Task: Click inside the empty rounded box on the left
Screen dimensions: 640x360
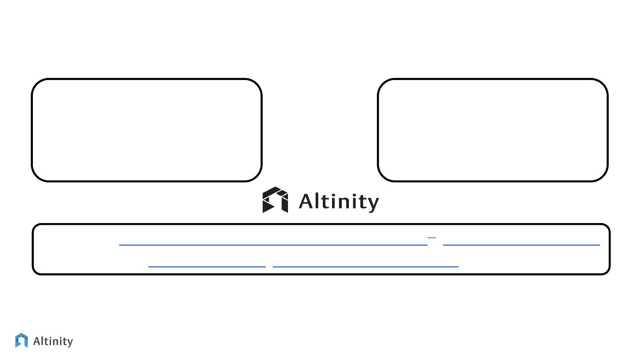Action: point(146,130)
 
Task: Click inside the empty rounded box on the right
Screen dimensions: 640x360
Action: point(492,130)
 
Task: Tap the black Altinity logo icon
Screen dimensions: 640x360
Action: point(275,200)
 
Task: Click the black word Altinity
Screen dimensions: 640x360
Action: point(339,202)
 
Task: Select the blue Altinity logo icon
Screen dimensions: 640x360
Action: point(21,340)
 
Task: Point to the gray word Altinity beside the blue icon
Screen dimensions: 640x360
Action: point(53,341)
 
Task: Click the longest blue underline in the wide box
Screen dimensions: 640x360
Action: point(273,245)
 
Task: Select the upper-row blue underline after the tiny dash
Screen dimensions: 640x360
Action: point(521,245)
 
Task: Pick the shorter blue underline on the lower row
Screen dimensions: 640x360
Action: point(207,267)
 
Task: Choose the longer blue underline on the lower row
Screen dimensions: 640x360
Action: point(365,267)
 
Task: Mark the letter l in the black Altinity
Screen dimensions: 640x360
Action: point(320,201)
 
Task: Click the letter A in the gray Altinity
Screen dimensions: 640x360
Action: point(38,341)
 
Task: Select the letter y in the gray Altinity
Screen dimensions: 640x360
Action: point(69,343)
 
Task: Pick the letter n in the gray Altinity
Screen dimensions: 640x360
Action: point(55,342)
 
